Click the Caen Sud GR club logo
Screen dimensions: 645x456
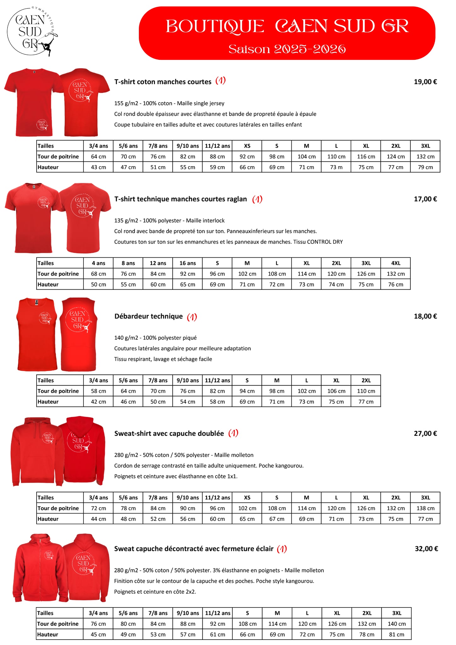click(x=32, y=31)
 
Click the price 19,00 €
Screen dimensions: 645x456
click(x=425, y=82)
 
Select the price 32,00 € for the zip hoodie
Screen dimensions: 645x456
click(x=426, y=549)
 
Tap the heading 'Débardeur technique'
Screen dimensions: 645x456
click(x=148, y=316)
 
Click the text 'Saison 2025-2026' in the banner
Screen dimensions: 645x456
click(x=287, y=49)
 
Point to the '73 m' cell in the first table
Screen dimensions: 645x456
click(x=336, y=167)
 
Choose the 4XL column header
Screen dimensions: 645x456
click(x=396, y=263)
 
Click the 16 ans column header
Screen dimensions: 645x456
click(x=187, y=263)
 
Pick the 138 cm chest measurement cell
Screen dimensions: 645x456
click(x=425, y=508)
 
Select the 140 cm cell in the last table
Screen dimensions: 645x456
click(x=396, y=624)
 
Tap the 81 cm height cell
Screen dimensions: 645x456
click(x=396, y=634)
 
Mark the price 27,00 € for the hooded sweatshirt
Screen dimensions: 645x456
click(x=425, y=433)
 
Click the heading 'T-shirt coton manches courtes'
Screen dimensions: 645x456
click(x=162, y=82)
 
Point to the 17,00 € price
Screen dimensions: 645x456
click(x=425, y=199)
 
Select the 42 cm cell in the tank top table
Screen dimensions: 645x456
click(x=98, y=402)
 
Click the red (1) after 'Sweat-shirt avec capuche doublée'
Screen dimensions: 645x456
click(x=233, y=433)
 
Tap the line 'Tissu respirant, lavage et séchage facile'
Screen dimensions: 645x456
click(x=163, y=359)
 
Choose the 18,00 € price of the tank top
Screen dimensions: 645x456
click(x=425, y=316)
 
